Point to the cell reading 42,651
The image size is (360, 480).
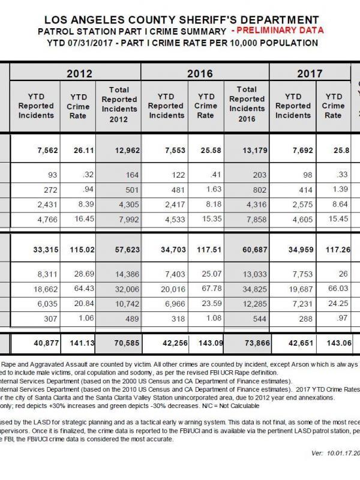pyautogui.click(x=293, y=343)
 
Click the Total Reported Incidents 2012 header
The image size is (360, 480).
pyautogui.click(x=119, y=103)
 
